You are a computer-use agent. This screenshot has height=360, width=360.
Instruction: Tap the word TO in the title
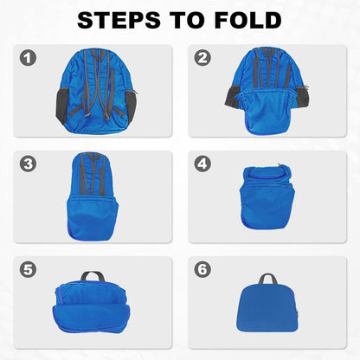pyautogui.click(x=177, y=21)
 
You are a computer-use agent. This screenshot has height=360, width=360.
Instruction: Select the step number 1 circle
pyautogui.click(x=29, y=59)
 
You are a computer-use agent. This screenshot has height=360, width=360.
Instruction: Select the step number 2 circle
pyautogui.click(x=202, y=59)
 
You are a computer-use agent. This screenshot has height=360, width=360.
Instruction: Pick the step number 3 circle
pyautogui.click(x=29, y=163)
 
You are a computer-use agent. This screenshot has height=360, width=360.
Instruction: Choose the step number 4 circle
pyautogui.click(x=202, y=163)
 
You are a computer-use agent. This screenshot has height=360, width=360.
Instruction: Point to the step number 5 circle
pyautogui.click(x=29, y=270)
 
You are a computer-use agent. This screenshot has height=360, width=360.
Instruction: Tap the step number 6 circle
pyautogui.click(x=202, y=270)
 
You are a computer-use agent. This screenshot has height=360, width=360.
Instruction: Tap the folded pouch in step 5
pyautogui.click(x=93, y=305)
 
